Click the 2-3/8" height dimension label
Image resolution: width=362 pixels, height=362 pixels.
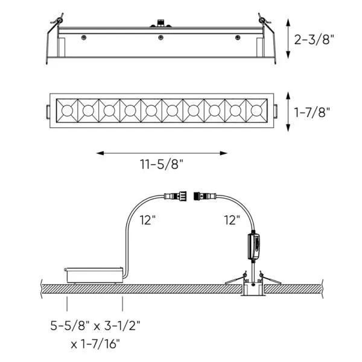coord(314,39)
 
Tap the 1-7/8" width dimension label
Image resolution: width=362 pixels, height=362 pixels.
coord(312,112)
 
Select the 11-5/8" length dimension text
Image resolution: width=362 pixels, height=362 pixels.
coord(162,164)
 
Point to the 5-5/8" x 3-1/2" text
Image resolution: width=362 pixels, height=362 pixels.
coord(95,326)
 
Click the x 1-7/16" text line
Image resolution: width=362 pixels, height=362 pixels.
coord(95,344)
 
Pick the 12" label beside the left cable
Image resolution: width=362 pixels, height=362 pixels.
coord(148,220)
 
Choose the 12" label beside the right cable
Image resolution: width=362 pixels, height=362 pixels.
coord(232,220)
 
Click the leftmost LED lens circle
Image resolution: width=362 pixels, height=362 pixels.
coord(67,110)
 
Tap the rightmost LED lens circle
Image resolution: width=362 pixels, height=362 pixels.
coord(256,110)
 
